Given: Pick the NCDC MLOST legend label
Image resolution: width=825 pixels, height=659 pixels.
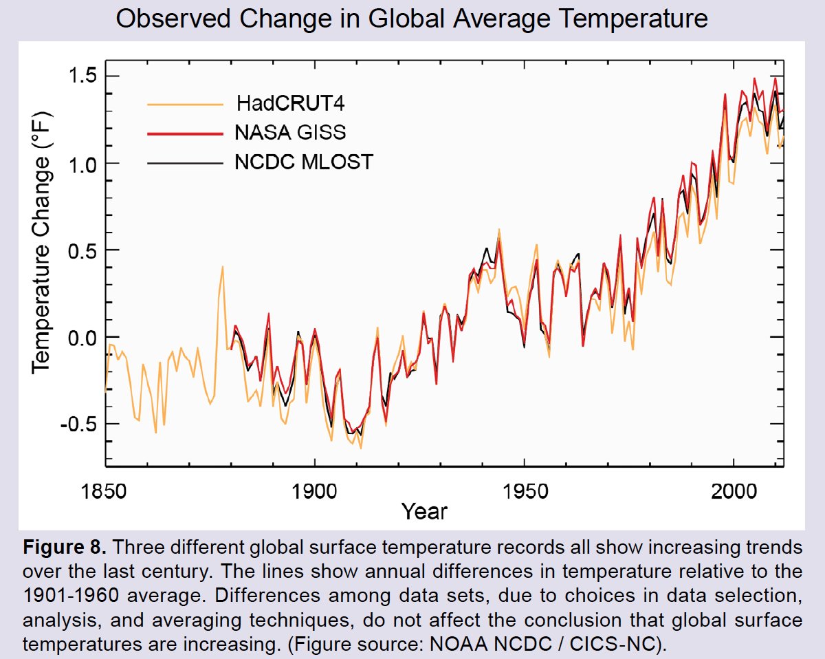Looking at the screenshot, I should point(304,162).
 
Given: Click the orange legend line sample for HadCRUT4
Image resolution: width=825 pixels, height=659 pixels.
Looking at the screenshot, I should point(186,105).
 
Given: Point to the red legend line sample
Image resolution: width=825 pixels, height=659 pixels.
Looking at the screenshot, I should point(186,133).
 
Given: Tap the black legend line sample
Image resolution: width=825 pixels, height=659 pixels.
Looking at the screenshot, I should point(186,163).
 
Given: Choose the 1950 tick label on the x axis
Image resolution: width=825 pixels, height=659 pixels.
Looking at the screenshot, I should point(525,493).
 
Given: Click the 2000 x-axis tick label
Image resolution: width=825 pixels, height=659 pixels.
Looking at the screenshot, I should point(734,493).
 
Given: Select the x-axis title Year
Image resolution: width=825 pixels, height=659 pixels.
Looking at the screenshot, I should point(424,512).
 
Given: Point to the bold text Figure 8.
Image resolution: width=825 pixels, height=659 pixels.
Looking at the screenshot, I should point(65,549).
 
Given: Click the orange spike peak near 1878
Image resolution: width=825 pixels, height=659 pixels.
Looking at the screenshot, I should point(223,266).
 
